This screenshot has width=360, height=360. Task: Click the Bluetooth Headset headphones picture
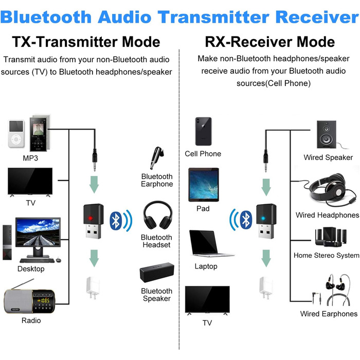[156, 216]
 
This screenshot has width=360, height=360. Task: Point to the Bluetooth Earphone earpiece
[155, 158]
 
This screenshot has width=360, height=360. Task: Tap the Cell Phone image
[203, 132]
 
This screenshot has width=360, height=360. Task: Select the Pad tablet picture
[203, 186]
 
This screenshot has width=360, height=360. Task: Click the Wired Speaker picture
[328, 135]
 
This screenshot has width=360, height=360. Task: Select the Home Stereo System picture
[327, 236]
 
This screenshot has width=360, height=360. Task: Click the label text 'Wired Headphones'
[327, 215]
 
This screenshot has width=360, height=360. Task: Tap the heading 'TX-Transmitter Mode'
[86, 42]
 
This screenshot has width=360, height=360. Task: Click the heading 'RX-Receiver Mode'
[269, 42]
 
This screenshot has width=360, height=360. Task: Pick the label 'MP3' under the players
[30, 158]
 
